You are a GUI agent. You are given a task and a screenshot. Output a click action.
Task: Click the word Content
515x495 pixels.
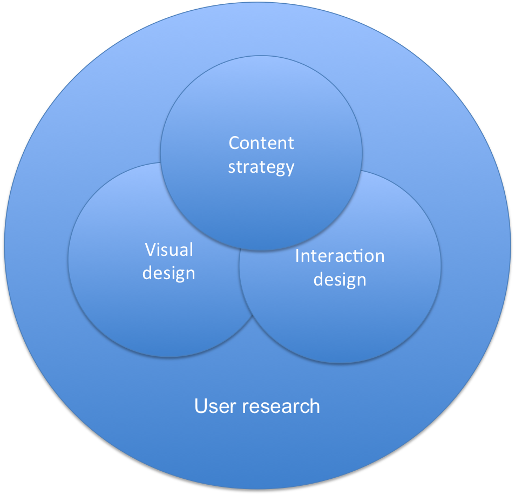tap(261, 143)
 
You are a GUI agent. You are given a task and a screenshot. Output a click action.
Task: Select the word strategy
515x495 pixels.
tap(261, 167)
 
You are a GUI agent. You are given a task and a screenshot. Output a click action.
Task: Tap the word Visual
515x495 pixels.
tap(169, 249)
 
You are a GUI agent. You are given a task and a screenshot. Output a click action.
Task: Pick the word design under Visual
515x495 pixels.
tap(169, 273)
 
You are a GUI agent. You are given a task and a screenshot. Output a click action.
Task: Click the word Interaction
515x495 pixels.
tap(340, 255)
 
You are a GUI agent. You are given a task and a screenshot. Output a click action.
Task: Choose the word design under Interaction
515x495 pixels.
tap(340, 279)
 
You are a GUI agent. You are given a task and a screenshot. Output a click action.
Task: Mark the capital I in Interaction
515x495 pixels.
tap(297, 255)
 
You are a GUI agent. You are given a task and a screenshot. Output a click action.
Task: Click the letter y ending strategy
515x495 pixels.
tap(290, 168)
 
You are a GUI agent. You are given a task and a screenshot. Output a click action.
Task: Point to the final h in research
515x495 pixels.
tap(315, 406)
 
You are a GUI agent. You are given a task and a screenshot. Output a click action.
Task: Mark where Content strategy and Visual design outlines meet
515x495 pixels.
tap(161, 162)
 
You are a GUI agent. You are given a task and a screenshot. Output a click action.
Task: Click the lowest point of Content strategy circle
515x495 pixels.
tap(261, 251)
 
